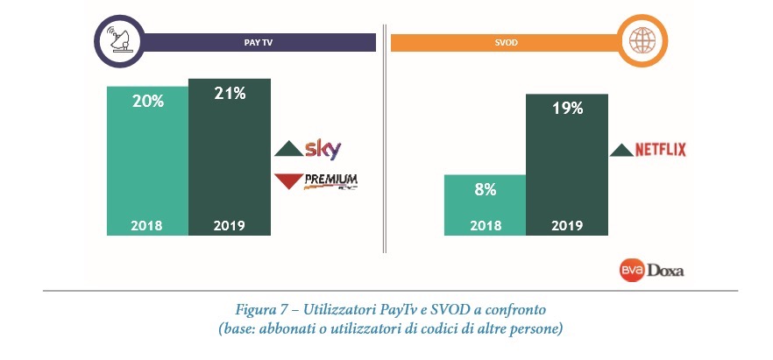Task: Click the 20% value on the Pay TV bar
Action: [148, 102]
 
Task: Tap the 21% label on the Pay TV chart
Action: [230, 94]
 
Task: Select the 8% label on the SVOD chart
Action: [485, 188]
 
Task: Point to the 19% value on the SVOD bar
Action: [567, 109]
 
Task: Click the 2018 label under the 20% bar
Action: [147, 225]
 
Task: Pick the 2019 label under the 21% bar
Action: [230, 225]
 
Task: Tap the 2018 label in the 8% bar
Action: [485, 225]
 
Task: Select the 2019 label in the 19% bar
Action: [567, 225]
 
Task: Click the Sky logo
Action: [323, 148]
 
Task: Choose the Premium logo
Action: [331, 181]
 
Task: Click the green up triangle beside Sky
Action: [288, 149]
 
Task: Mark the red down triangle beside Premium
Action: [288, 182]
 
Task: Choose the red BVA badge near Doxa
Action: [633, 271]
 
